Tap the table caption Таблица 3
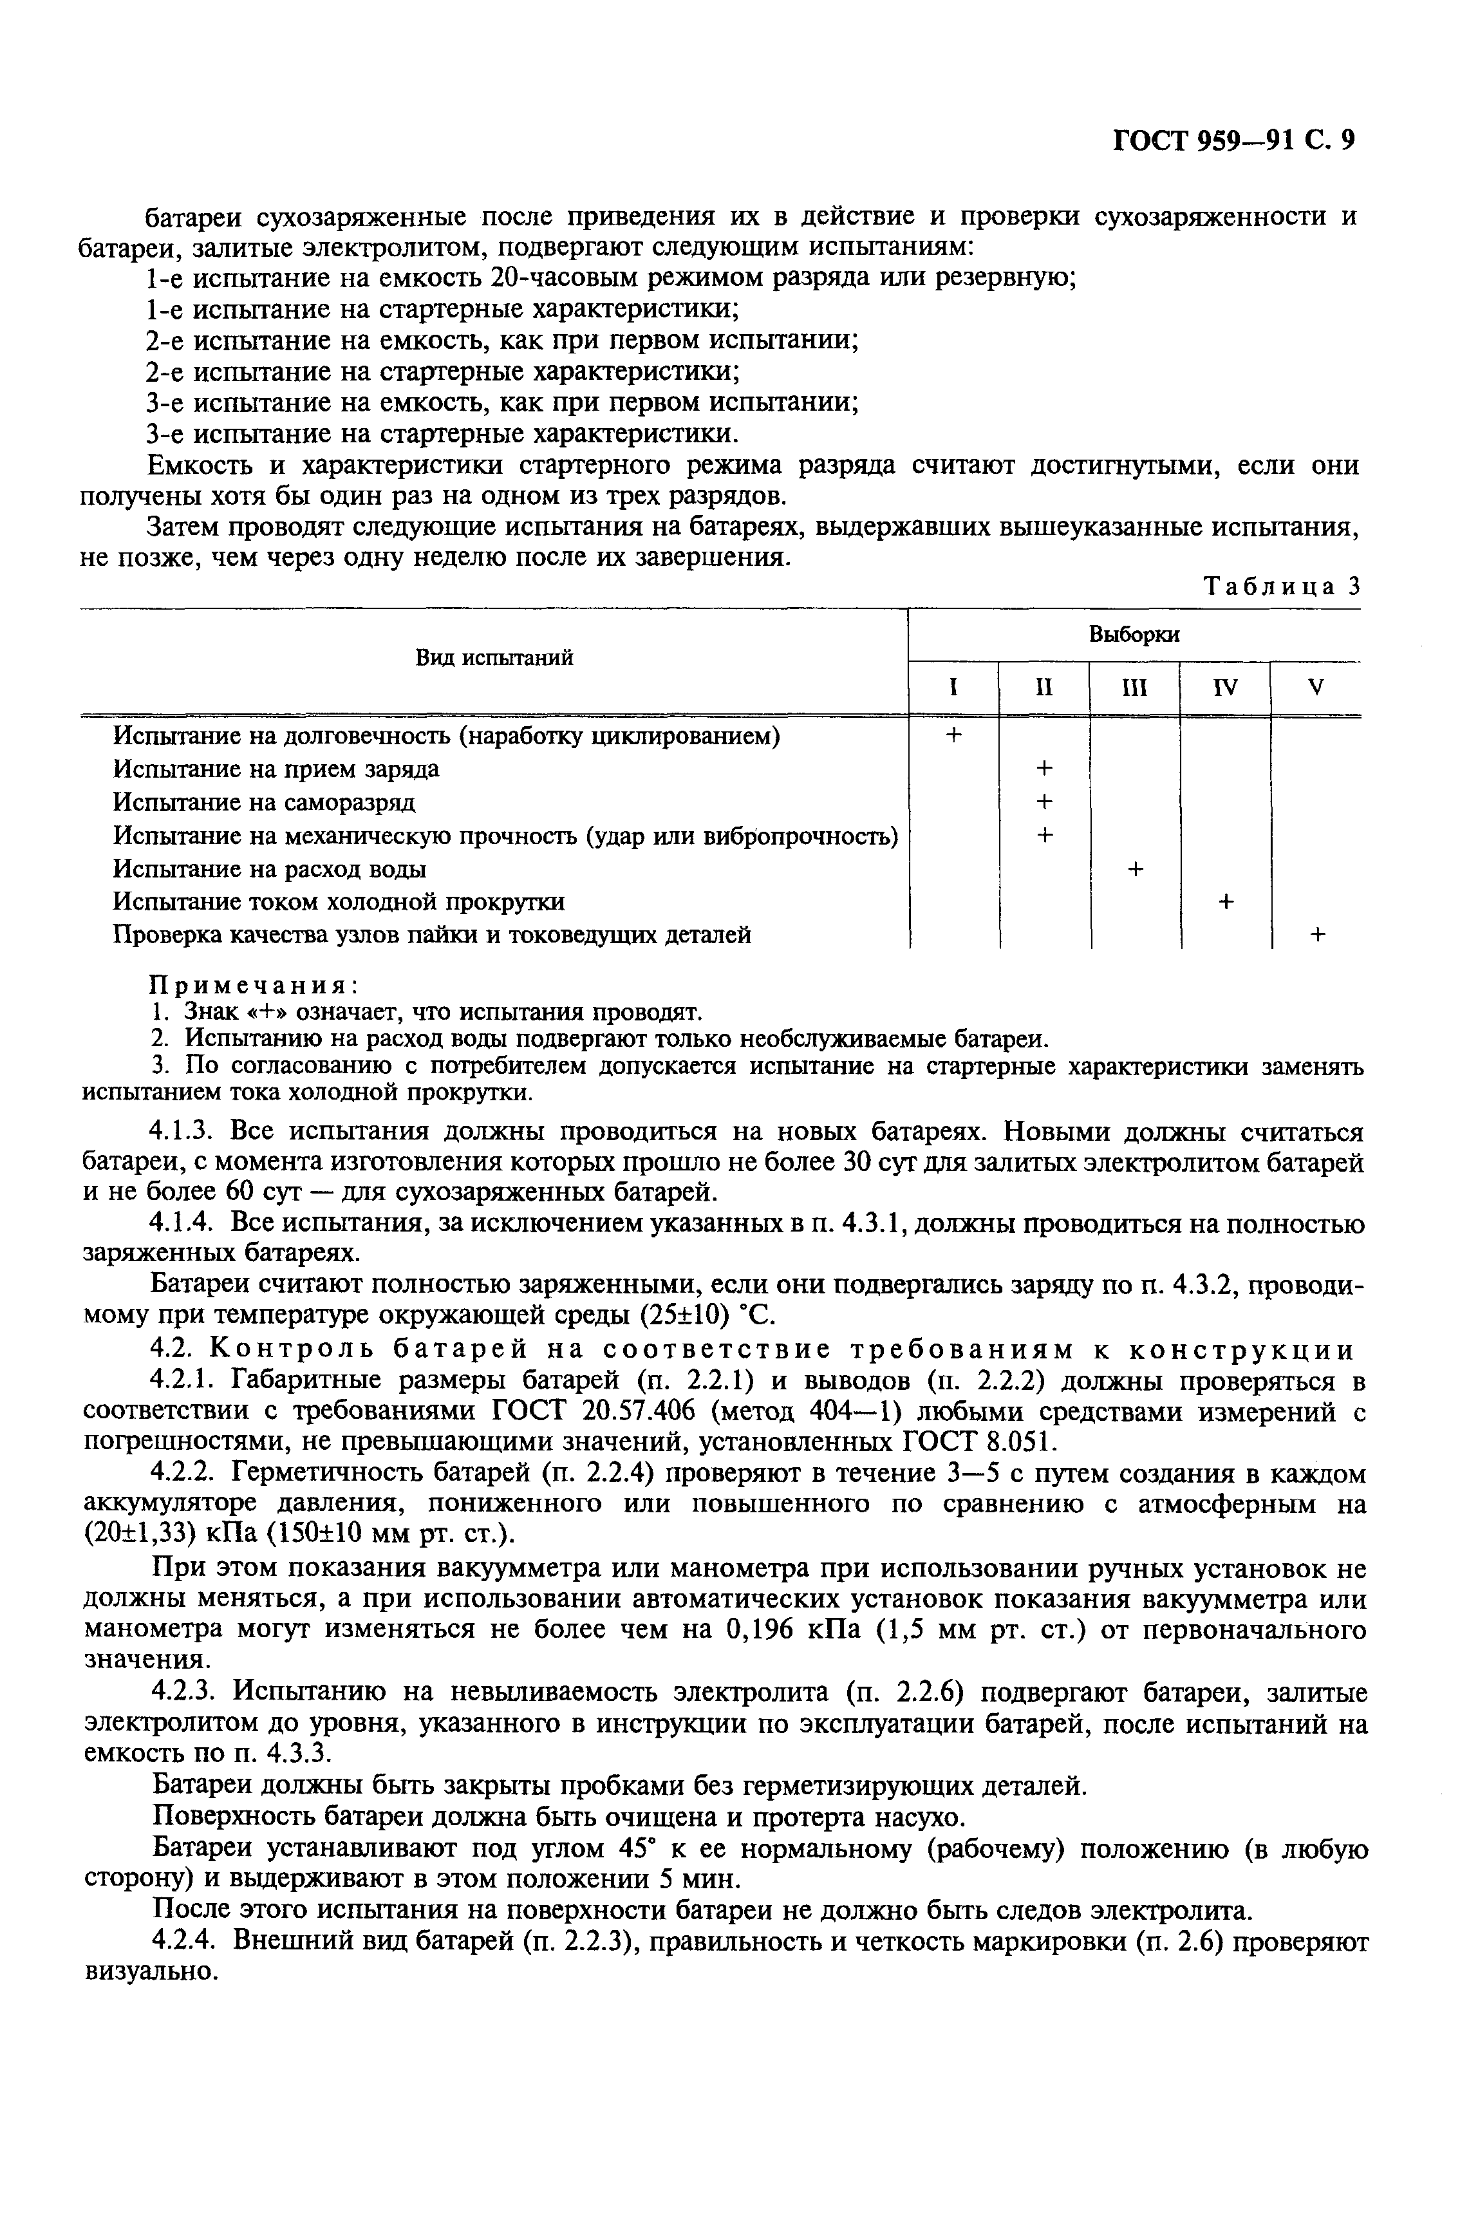click(1282, 586)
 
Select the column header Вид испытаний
click(493, 657)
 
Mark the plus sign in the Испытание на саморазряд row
click(1044, 802)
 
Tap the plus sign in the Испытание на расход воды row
click(1135, 868)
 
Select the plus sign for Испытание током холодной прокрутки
click(1226, 901)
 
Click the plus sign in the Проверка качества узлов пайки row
click(1317, 934)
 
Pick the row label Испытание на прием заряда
click(276, 769)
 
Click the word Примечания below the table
click(255, 986)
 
